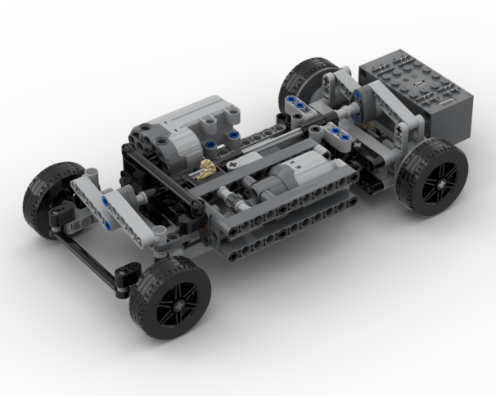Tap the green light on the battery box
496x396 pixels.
pos(416,80)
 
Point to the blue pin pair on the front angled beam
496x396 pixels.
pos(106,205)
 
